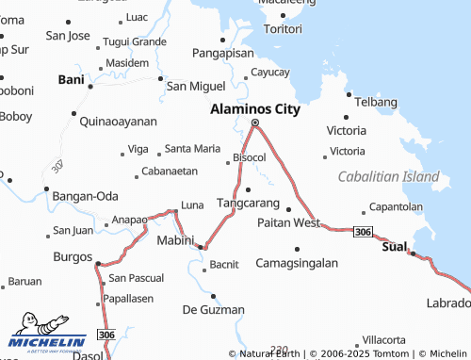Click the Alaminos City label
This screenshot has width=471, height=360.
pos(254,108)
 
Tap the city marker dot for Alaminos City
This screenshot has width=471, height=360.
pos(254,123)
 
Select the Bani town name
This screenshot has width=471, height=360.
pos(72,79)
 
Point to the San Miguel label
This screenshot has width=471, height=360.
pos(196,86)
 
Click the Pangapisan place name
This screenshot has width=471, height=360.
pos(224,54)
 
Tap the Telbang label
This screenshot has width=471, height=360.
pos(378,98)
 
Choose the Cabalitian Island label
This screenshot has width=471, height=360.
pos(389,176)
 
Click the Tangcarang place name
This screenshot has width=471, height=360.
pos(248,203)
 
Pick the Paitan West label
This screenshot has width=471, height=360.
pos(289,222)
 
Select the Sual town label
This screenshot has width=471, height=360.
pos(394,246)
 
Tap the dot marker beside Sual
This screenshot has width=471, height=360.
pos(412,252)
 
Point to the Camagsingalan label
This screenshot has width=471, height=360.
pos(297,263)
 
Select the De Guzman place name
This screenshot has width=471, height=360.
pos(213,309)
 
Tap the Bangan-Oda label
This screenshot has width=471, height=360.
pos(85,195)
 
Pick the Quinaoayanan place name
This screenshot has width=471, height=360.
pos(119,122)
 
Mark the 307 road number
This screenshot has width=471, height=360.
pos(58,166)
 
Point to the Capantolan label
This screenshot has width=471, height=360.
pos(396,205)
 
